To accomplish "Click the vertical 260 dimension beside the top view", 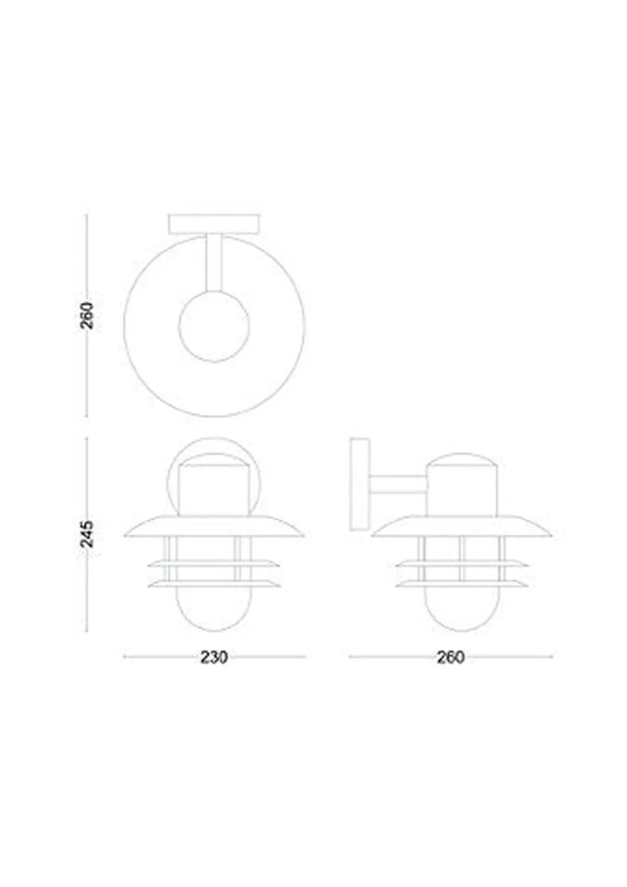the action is tap(87, 315).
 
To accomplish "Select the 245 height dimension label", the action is tap(87, 534).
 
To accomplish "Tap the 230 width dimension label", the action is tap(214, 657).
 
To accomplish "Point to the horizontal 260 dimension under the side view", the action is tap(450, 657).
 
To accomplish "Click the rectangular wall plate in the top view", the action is tap(215, 224).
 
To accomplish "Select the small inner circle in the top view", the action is tap(214, 325).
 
